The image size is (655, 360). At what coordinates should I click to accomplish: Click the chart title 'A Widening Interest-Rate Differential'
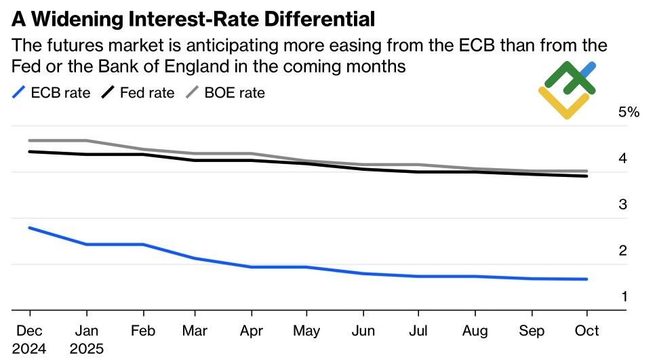coord(193,19)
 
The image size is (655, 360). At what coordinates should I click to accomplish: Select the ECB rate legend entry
coord(52,93)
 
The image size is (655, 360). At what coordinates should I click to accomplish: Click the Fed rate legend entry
coord(138,93)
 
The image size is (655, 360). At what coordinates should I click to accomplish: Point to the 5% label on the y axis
coord(629,113)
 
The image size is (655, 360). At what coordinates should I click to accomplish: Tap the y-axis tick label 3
coord(622,205)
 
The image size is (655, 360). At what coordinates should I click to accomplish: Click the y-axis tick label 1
coord(622,297)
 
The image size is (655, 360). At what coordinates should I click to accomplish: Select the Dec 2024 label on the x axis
coord(30,339)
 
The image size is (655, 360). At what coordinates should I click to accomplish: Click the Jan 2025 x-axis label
coord(86,339)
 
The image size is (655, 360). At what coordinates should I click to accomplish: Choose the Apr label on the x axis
coord(252,331)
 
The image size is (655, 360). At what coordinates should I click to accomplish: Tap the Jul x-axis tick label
coord(419,331)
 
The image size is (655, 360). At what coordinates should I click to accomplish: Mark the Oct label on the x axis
coord(587,331)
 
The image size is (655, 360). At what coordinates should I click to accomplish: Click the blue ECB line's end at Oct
coord(587,279)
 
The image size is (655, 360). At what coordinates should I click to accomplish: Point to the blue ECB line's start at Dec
coord(30,228)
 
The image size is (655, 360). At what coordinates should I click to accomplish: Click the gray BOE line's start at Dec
coord(30,140)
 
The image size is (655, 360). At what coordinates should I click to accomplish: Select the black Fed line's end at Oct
coord(587,176)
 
